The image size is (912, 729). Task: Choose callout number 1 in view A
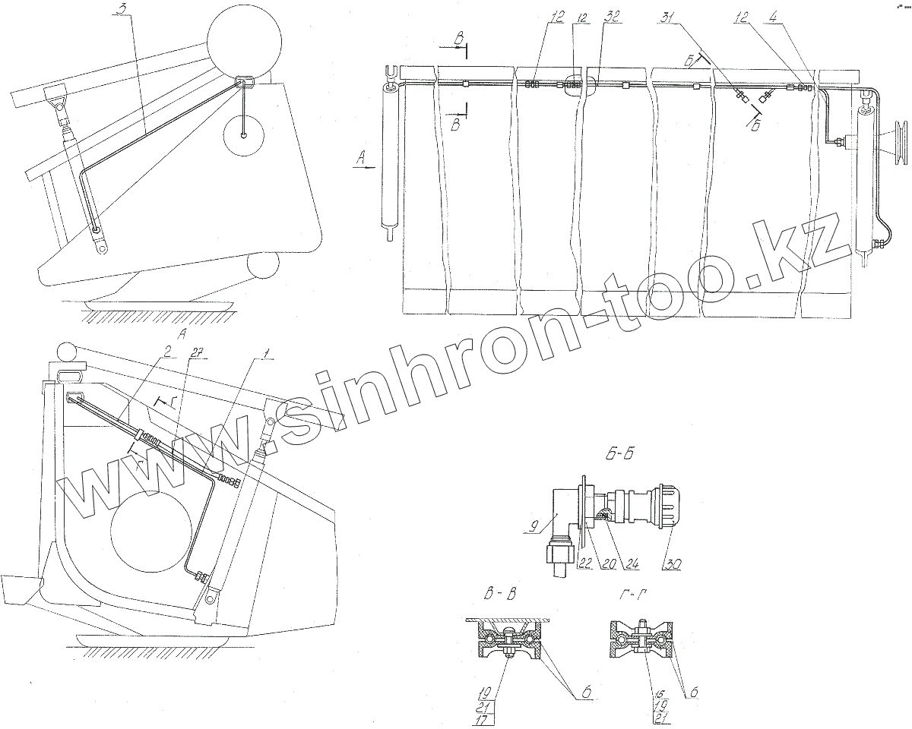264,350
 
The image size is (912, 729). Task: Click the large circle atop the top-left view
245,39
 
